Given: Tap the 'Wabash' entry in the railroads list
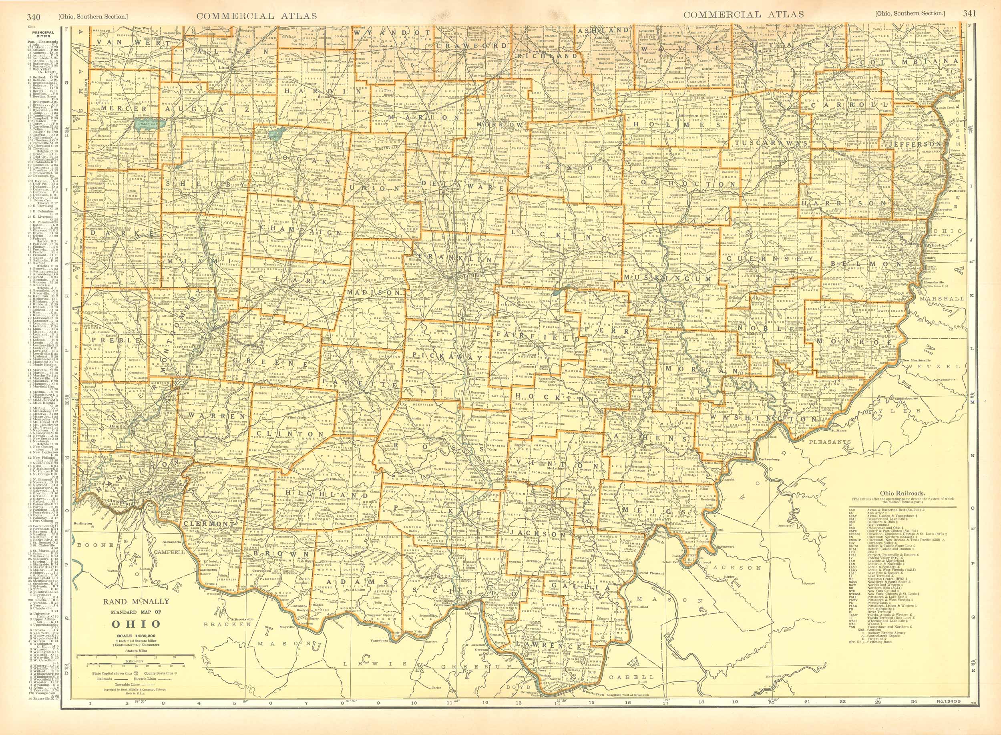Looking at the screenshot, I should click(874, 624).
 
